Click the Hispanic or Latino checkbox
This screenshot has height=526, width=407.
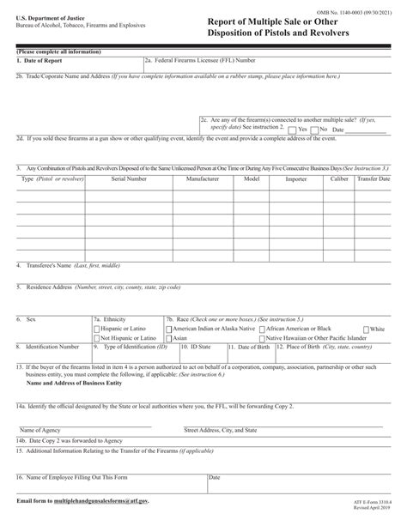[x=96, y=330]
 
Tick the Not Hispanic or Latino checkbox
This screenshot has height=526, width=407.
[x=96, y=339]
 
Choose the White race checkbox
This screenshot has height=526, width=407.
[x=367, y=330]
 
